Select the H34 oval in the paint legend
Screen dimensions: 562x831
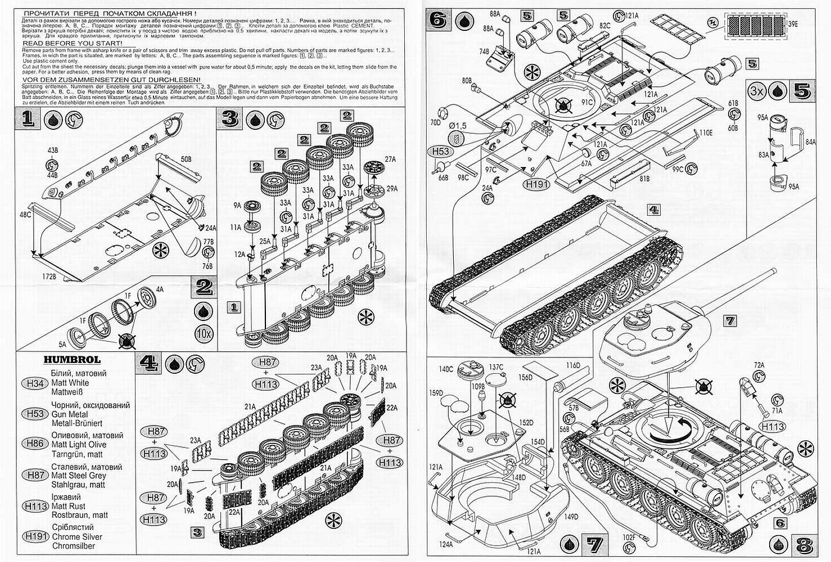pyautogui.click(x=35, y=383)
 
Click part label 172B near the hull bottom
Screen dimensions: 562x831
pyautogui.click(x=49, y=277)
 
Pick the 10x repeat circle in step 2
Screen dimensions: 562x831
pyautogui.click(x=204, y=333)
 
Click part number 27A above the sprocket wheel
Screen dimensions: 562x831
pyautogui.click(x=390, y=159)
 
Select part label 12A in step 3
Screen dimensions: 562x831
pyautogui.click(x=240, y=254)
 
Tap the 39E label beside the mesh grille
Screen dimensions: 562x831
pyautogui.click(x=793, y=24)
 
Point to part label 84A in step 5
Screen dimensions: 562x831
pyautogui.click(x=810, y=142)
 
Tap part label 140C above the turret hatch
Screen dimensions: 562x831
pyautogui.click(x=446, y=369)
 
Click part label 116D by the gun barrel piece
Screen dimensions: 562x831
pyautogui.click(x=572, y=366)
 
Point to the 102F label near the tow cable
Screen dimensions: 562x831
pyautogui.click(x=629, y=537)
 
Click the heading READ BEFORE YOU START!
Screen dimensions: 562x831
pyautogui.click(x=72, y=43)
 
